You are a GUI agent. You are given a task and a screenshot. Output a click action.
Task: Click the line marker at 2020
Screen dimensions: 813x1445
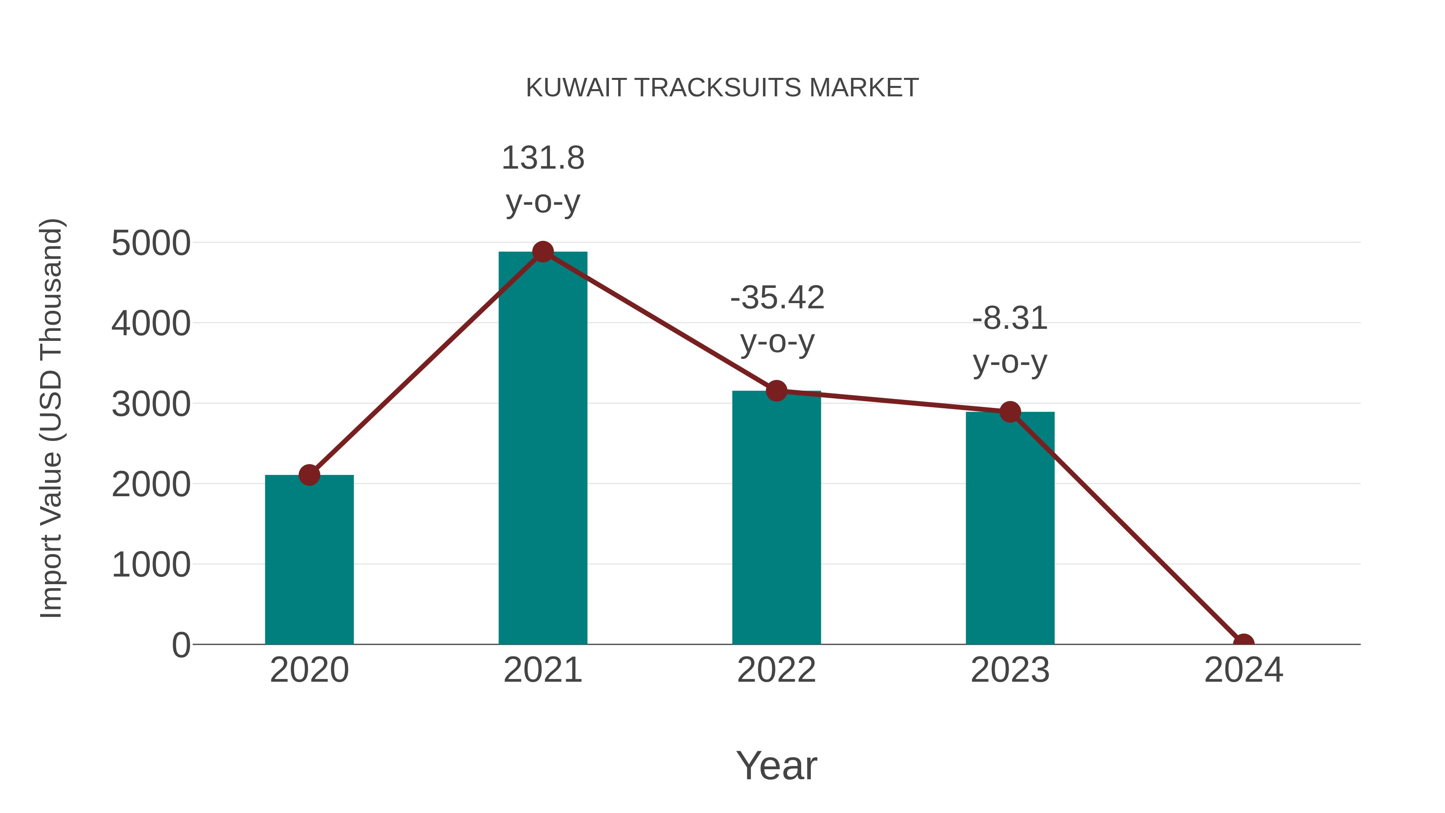coord(309,475)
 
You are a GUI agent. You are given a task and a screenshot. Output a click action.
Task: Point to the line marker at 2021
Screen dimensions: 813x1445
coord(542,252)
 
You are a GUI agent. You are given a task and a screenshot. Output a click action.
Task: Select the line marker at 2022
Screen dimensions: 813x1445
coord(776,391)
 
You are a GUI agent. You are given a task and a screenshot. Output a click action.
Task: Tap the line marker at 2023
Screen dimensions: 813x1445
coord(1010,412)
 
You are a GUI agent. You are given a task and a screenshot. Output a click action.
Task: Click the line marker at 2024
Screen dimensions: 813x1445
coord(1243,643)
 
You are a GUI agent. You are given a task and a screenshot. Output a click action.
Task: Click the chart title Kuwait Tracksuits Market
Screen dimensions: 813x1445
coord(722,88)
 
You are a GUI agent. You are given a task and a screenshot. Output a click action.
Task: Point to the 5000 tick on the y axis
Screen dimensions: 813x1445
coord(151,244)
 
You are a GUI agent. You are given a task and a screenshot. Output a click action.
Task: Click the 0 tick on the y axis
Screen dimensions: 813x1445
coord(181,645)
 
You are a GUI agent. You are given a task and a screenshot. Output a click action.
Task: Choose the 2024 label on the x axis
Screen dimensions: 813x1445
coord(1243,670)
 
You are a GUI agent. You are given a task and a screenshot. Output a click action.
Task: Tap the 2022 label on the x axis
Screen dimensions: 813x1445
coord(776,670)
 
